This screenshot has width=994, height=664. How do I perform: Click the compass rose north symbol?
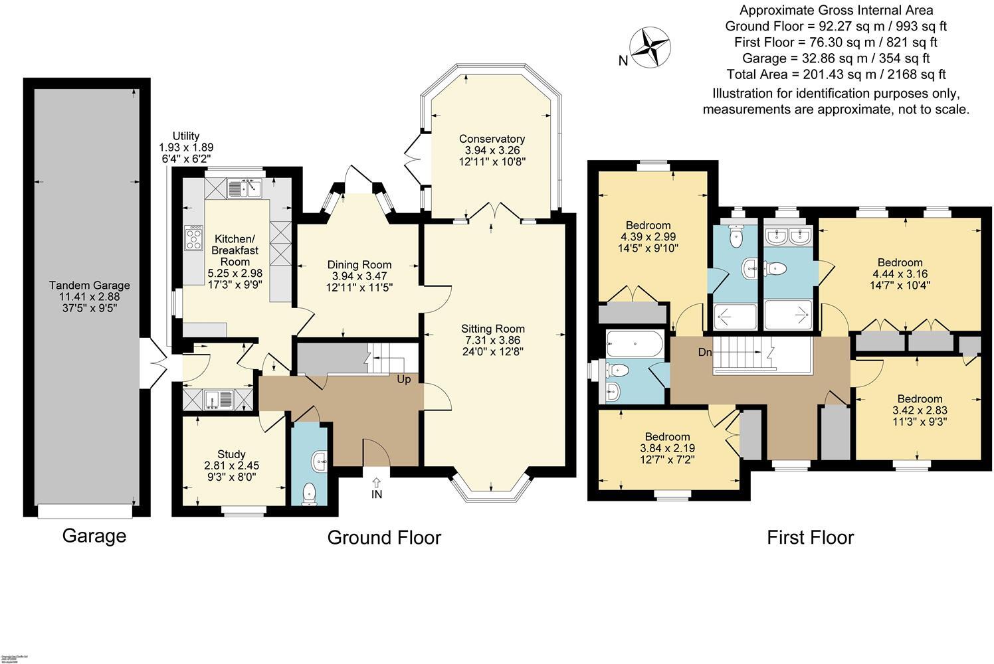pyautogui.click(x=650, y=47)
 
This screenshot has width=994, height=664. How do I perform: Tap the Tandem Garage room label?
pyautogui.click(x=89, y=286)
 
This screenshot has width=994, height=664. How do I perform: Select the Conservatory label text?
pyautogui.click(x=492, y=139)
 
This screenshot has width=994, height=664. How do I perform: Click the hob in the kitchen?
pyautogui.click(x=193, y=238)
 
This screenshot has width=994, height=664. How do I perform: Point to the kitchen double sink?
pyautogui.click(x=245, y=189)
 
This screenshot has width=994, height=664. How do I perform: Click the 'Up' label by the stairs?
pyautogui.click(x=403, y=380)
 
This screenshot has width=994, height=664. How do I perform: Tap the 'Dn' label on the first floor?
pyautogui.click(x=704, y=351)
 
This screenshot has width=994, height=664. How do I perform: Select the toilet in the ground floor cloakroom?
pyautogui.click(x=309, y=493)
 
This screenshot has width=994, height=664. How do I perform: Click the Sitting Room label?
pyautogui.click(x=493, y=329)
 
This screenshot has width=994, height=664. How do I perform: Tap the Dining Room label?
pyautogui.click(x=360, y=265)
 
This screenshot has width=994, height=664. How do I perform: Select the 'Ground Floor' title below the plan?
pyautogui.click(x=384, y=537)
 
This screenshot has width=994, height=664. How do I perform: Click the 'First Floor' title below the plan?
pyautogui.click(x=810, y=537)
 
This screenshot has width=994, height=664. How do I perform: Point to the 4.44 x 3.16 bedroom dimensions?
pyautogui.click(x=900, y=274)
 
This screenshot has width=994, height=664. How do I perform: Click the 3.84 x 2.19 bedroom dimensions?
pyautogui.click(x=667, y=448)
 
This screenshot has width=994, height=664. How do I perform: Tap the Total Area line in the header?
pyautogui.click(x=836, y=74)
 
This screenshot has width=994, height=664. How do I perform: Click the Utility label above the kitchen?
pyautogui.click(x=186, y=136)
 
